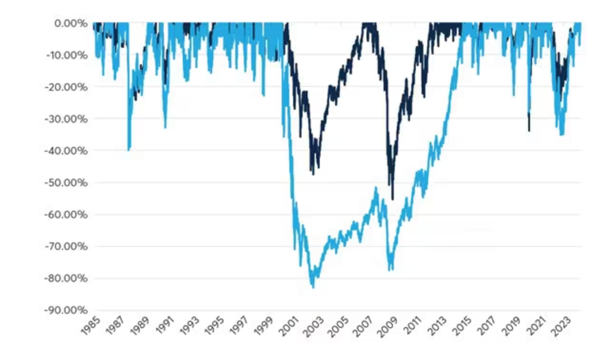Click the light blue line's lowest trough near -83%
(x=313, y=288)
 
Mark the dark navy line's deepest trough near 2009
(x=393, y=199)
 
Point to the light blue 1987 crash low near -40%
(x=129, y=150)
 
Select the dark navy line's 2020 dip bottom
(x=529, y=131)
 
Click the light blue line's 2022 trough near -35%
(x=562, y=135)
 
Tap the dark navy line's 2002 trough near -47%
(x=312, y=173)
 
